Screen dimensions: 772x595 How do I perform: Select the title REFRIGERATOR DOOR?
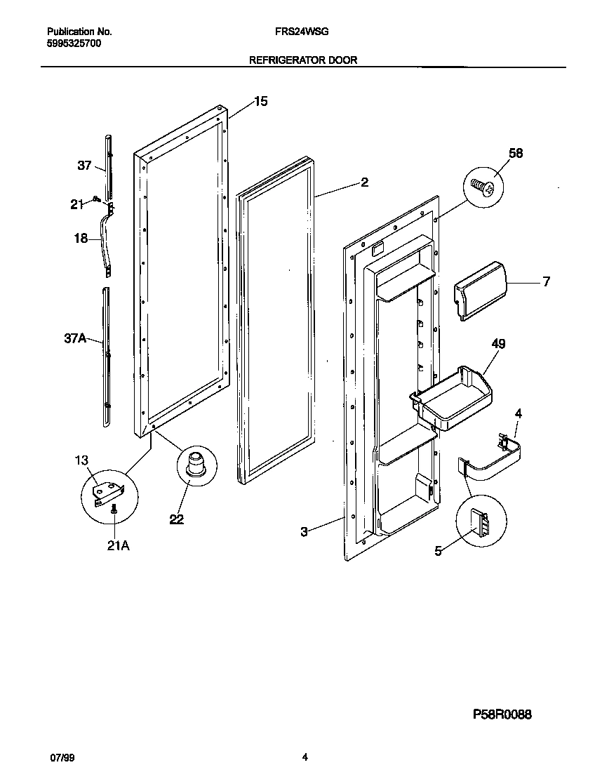tap(303, 60)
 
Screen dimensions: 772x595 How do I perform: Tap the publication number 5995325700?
tap(74, 43)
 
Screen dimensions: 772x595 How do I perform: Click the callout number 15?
tap(260, 102)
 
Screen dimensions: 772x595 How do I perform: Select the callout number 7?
tap(545, 281)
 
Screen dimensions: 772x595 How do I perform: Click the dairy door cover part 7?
tap(481, 288)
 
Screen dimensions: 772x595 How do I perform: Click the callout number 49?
tap(498, 344)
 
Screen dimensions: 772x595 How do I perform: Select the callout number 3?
tap(304, 532)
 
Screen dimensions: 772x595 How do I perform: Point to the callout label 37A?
tap(74, 338)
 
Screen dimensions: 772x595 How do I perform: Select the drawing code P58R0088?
tap(501, 714)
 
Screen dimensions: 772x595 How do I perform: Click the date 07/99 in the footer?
tap(61, 757)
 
